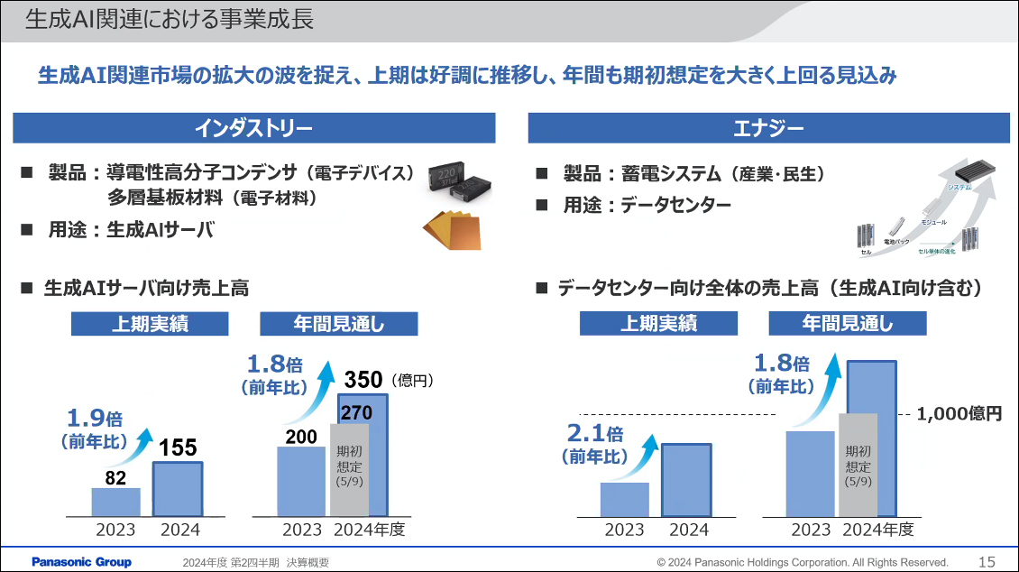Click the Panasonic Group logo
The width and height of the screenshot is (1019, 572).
tap(82, 562)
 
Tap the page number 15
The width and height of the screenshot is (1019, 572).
tap(987, 562)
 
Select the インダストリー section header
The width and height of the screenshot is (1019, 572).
tap(253, 128)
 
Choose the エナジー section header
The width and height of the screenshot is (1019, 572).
tap(768, 128)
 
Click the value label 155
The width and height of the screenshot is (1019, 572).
tap(178, 447)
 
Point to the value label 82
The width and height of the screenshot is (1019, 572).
tap(115, 478)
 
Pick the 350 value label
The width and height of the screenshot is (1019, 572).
tap(364, 380)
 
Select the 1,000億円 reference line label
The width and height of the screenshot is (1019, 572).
tap(959, 414)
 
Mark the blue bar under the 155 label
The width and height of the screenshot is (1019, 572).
tap(178, 489)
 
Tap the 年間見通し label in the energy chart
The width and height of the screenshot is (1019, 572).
tap(847, 324)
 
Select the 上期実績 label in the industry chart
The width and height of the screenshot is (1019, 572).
tap(151, 324)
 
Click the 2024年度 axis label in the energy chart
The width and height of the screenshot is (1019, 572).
tap(878, 530)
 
